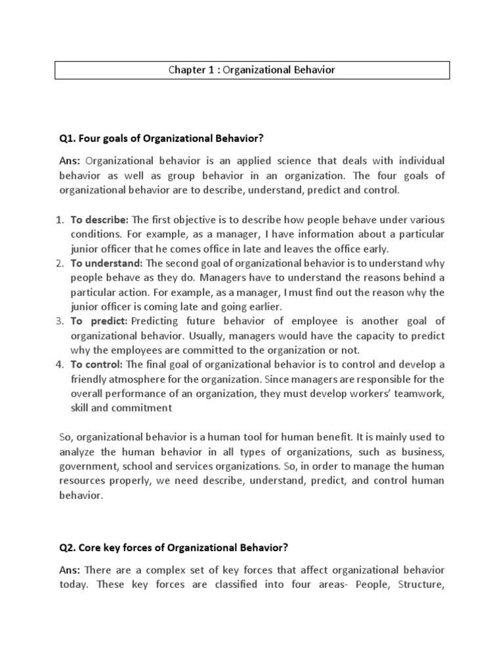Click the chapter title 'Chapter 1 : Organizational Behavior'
[251, 70]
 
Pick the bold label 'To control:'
[96, 364]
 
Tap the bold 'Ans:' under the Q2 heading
[70, 569]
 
